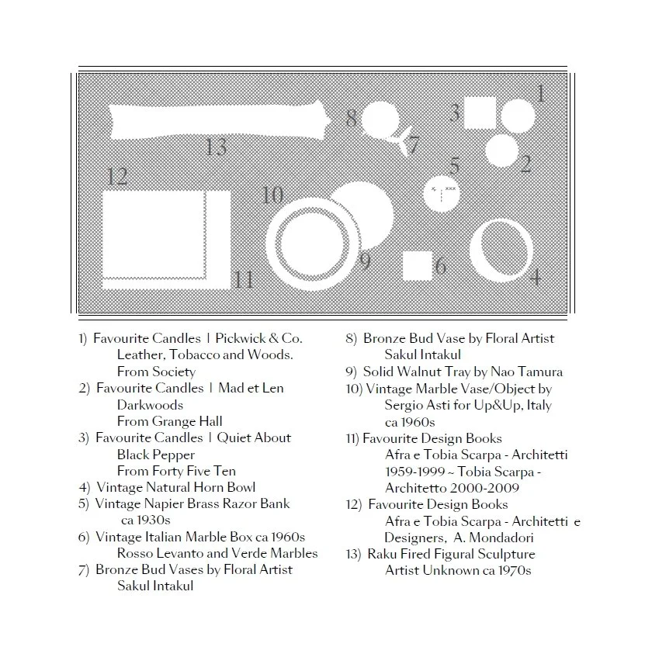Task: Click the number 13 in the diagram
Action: pyautogui.click(x=216, y=146)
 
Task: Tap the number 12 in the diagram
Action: pyautogui.click(x=116, y=176)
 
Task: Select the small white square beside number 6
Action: pyautogui.click(x=418, y=265)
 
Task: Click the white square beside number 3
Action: pyautogui.click(x=480, y=114)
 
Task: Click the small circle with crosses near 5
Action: pyautogui.click(x=440, y=192)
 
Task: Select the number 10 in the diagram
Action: pyautogui.click(x=272, y=195)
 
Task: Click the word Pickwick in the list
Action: pyautogui.click(x=242, y=339)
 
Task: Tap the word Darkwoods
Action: pyautogui.click(x=150, y=405)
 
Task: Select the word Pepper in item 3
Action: pyautogui.click(x=175, y=455)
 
